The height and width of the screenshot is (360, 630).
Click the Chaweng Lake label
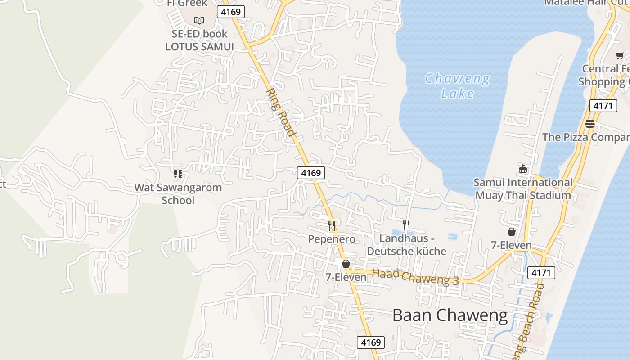pos(457,86)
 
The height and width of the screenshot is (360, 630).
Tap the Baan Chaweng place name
pos(450,315)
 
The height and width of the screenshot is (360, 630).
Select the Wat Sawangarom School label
pos(178,194)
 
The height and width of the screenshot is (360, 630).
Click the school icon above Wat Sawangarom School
pos(178,174)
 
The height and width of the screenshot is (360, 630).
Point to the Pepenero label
pos(332,239)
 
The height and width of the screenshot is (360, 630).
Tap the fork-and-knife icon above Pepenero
pos(332,225)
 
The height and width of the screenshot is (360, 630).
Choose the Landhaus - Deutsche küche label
pos(406,245)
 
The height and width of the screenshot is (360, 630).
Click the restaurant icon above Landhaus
pos(406,225)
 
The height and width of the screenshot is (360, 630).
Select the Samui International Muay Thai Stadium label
pos(523,189)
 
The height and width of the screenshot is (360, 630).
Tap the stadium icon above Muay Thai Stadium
pos(523,169)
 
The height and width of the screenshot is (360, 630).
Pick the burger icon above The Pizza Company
pos(590,124)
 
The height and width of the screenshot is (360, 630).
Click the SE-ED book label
pos(199,34)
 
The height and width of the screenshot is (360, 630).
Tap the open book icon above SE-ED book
pos(199,20)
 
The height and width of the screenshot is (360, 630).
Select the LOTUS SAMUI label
pos(199,47)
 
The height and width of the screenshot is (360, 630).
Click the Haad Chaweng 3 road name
pos(415,277)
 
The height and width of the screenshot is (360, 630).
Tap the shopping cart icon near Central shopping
pos(620,56)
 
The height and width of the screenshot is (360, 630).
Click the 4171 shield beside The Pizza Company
pos(603,106)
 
